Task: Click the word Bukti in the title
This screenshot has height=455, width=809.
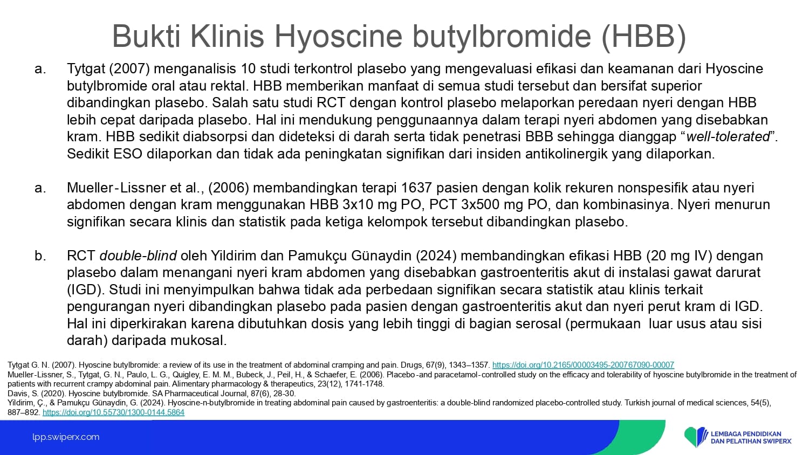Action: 146,36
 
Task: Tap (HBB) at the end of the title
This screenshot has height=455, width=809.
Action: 643,37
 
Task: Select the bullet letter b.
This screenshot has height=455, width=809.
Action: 40,256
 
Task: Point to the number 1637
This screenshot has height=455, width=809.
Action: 416,188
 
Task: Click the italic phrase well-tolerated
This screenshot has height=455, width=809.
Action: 728,137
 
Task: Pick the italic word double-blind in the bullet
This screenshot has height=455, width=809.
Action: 138,256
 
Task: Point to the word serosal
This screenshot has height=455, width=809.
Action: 538,323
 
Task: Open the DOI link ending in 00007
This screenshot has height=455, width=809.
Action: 583,365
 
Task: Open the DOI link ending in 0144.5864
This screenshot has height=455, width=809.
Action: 113,412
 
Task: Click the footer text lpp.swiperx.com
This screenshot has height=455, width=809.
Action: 66,437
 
